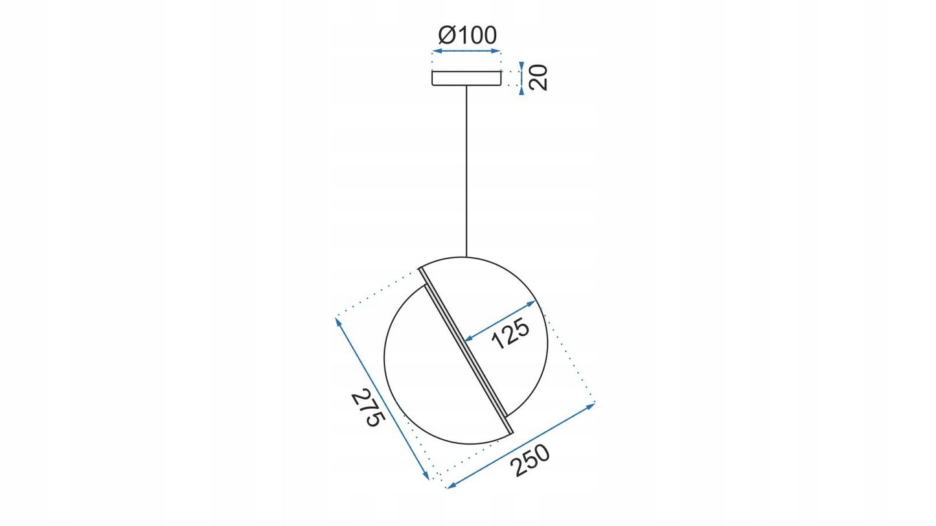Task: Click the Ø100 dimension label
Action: click(467, 35)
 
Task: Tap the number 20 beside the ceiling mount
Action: click(538, 78)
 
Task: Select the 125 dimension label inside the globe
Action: click(510, 334)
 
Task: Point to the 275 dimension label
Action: click(367, 407)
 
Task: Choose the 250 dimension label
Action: click(532, 461)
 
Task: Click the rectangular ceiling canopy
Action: click(466, 78)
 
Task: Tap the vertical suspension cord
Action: click(466, 171)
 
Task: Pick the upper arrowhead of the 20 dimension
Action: click(521, 67)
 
